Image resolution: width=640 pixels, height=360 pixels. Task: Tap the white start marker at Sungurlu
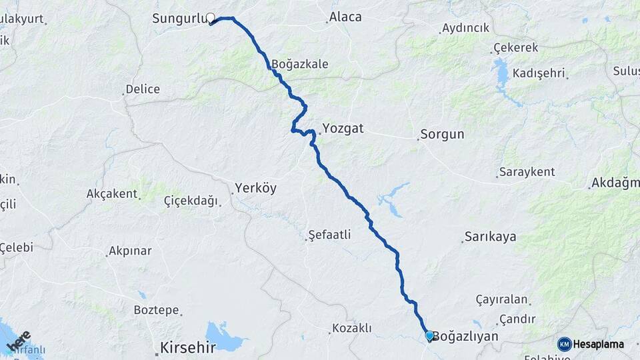211,18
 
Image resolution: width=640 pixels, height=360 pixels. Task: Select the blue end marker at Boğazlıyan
429,336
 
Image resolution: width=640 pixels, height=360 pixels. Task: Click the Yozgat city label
343,129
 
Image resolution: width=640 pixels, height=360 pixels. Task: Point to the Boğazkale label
299,65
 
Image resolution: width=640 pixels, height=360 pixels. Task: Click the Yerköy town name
255,189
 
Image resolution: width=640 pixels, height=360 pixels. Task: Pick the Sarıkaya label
490,237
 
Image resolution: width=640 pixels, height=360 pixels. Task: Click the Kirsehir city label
187,347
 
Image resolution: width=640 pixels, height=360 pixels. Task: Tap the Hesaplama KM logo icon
565,344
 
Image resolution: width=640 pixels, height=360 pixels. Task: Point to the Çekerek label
515,49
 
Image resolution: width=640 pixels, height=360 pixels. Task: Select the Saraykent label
528,172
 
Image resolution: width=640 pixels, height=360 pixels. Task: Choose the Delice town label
143,89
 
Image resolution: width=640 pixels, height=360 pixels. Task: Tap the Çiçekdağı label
191,200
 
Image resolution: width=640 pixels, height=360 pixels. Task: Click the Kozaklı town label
352,328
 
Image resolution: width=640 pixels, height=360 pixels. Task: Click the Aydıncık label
466,29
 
